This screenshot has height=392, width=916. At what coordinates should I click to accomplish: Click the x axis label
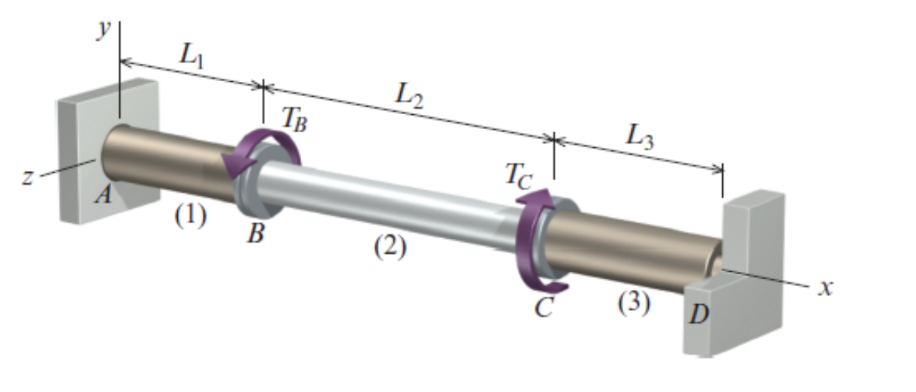(825, 288)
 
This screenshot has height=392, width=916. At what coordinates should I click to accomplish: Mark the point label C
(544, 307)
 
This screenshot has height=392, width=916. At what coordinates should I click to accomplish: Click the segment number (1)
(189, 217)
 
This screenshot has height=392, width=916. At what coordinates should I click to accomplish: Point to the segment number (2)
(390, 247)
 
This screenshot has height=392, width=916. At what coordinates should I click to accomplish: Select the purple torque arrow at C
(535, 240)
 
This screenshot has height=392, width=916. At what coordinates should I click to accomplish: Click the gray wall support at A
(83, 150)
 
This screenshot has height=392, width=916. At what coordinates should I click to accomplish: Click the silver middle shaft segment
(390, 203)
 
